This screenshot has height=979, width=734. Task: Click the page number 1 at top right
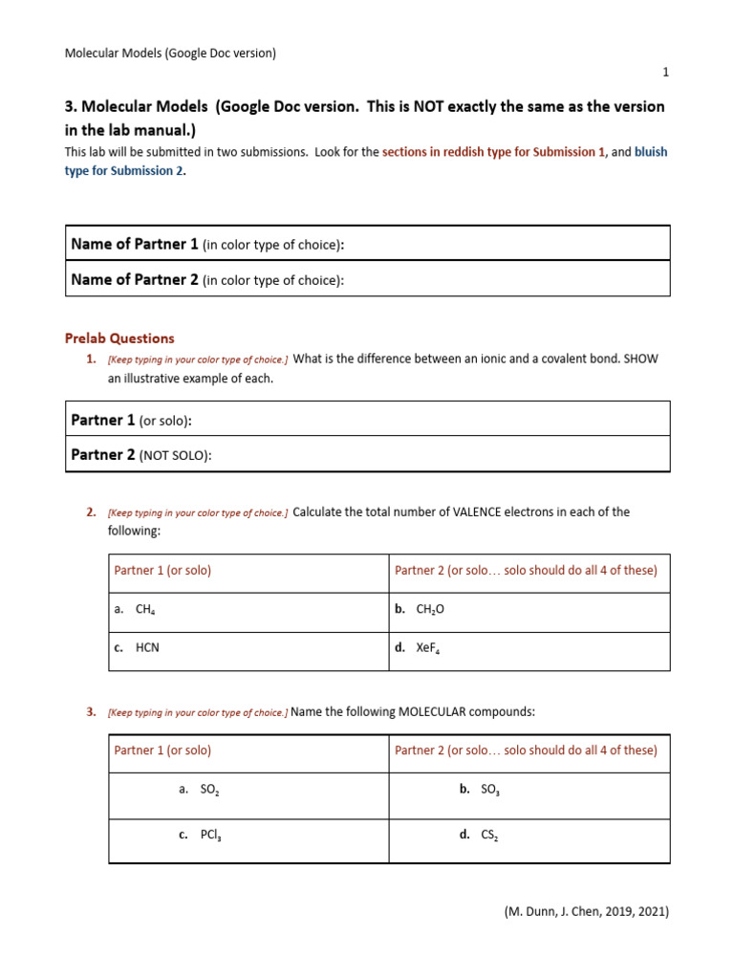pyautogui.click(x=666, y=73)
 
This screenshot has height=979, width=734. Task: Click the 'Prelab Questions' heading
pyautogui.click(x=119, y=338)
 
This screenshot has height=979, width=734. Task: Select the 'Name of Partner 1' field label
pyautogui.click(x=135, y=245)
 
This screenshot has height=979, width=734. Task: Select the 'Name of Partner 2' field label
pyautogui.click(x=135, y=280)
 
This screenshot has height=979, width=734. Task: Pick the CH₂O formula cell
pyautogui.click(x=430, y=609)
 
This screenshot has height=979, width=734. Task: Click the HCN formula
pyautogui.click(x=147, y=647)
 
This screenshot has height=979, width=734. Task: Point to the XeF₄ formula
pyautogui.click(x=428, y=648)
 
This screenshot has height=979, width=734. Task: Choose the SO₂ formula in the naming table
pyautogui.click(x=210, y=790)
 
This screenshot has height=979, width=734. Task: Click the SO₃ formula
pyautogui.click(x=490, y=790)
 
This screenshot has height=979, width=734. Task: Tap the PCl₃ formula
pyautogui.click(x=210, y=835)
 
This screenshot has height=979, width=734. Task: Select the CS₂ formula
pyautogui.click(x=489, y=835)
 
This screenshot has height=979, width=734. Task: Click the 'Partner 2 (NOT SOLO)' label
pyautogui.click(x=140, y=455)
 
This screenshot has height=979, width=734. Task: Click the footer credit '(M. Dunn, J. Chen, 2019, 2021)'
pyautogui.click(x=587, y=912)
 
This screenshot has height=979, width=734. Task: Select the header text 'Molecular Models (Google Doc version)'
pyautogui.click(x=170, y=54)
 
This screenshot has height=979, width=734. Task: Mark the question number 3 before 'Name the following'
pyautogui.click(x=91, y=712)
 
